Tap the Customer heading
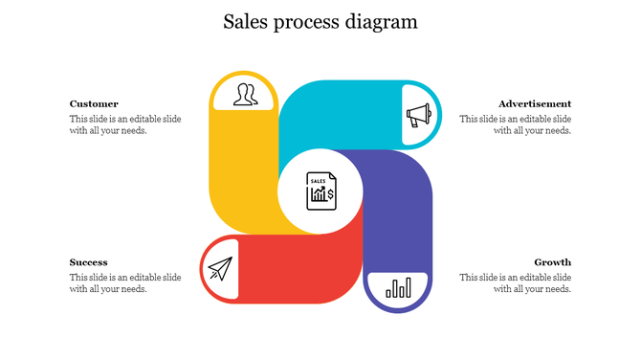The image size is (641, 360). pyautogui.click(x=94, y=103)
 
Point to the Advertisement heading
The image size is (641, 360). pyautogui.click(x=535, y=103)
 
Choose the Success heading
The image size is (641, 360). pyautogui.click(x=88, y=262)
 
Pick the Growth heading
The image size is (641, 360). pyautogui.click(x=553, y=262)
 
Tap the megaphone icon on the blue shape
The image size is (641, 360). pyautogui.click(x=418, y=116)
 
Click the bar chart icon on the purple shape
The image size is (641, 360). pyautogui.click(x=398, y=287)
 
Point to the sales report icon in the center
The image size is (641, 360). pyautogui.click(x=320, y=191)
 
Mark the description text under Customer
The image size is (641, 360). pyautogui.click(x=125, y=124)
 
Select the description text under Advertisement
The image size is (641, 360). pyautogui.click(x=515, y=124)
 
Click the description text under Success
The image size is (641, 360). pyautogui.click(x=125, y=283)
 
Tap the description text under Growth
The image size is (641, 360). pyautogui.click(x=515, y=283)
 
